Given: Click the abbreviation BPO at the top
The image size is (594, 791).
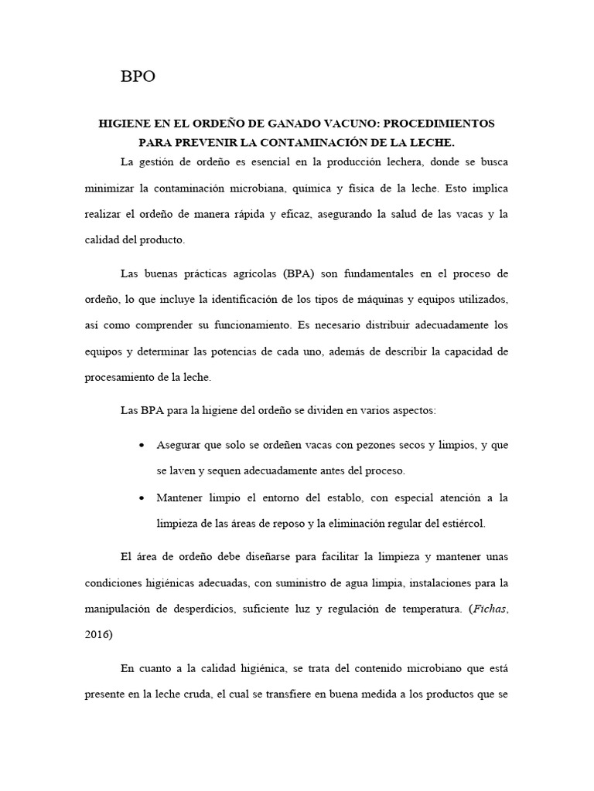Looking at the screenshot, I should click(138, 76).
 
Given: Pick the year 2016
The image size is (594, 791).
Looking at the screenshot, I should click(97, 634).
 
